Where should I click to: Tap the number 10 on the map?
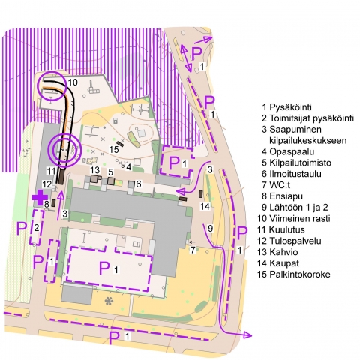click(73, 82)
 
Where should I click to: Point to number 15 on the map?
click(114, 150)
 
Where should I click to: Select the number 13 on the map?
click(94, 171)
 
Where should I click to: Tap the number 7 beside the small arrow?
click(193, 249)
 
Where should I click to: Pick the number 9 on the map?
click(211, 228)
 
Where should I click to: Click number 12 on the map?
click(46, 184)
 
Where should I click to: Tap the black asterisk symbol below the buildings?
click(109, 301)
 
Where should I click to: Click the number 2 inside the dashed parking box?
click(35, 227)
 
